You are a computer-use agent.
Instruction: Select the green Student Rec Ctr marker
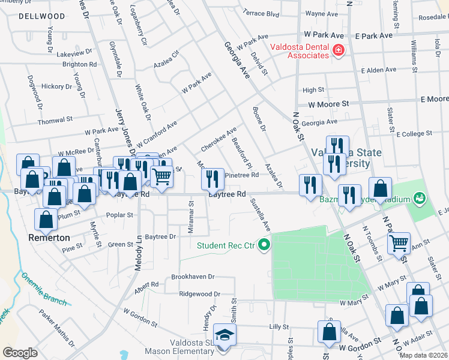pos(262,244)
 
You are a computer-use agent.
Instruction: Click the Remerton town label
pos(49,238)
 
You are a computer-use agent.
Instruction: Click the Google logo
pos(20,353)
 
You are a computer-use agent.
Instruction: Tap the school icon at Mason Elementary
pos(225,335)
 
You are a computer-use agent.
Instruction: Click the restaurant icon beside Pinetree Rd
pos(212,178)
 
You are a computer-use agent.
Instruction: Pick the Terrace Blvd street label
pos(261,13)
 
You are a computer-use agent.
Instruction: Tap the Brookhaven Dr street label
pos(193,277)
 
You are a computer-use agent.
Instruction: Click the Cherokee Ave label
pos(218,139)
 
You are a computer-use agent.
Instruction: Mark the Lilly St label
pos(279,326)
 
